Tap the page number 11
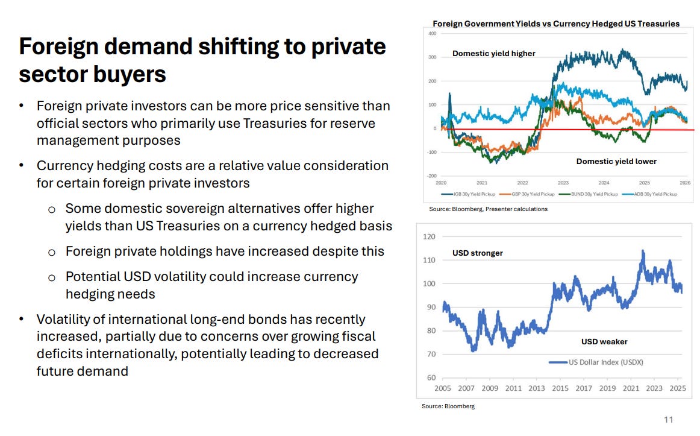click(x=668, y=420)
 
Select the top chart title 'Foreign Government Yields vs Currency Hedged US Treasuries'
click(x=556, y=24)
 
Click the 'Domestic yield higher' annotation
click(x=494, y=54)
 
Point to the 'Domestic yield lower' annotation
click(x=616, y=161)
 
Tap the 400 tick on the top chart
click(x=432, y=33)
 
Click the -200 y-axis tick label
click(x=431, y=176)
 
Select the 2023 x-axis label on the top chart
click(x=563, y=183)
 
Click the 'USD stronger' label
click(x=478, y=253)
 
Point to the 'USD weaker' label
click(x=604, y=341)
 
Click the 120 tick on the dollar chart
click(x=430, y=236)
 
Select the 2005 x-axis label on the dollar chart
click(x=443, y=388)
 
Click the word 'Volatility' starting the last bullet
click(x=66, y=319)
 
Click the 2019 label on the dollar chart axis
click(x=608, y=388)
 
